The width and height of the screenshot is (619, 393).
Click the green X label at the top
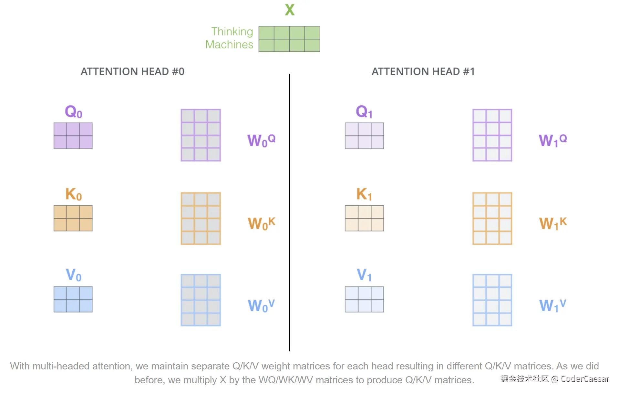point(290,10)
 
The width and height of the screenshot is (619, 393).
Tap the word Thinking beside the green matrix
point(232,32)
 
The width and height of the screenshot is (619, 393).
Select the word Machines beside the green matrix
point(229,45)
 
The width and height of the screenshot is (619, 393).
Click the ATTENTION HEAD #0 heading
point(132,71)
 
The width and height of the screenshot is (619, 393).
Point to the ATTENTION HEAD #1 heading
point(423,71)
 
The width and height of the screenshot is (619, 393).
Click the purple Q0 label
point(74,112)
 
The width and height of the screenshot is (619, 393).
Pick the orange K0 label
point(74,194)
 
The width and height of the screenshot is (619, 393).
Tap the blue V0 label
point(74,275)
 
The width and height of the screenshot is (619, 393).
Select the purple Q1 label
point(364,112)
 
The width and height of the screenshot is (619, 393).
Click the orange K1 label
point(364,194)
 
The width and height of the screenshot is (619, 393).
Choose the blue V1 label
point(364,275)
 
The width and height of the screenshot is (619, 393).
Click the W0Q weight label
point(261,140)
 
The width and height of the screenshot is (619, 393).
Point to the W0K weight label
point(261,223)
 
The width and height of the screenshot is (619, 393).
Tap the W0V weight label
point(261,305)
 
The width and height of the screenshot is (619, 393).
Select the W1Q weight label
point(553,140)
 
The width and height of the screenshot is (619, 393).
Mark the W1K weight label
point(553,223)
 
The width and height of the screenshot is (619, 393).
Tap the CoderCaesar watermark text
point(585,379)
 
